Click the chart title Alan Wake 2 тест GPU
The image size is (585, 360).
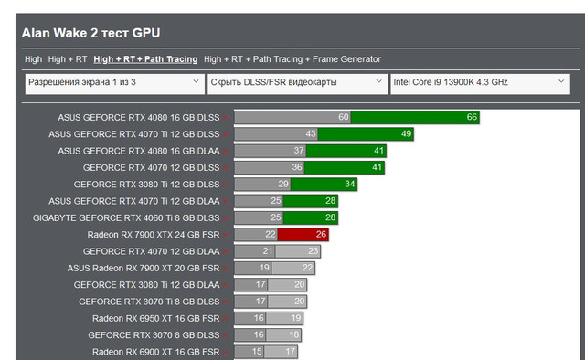(x=91, y=33)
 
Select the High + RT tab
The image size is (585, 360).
(x=68, y=59)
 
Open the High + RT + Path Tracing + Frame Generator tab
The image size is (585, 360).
(x=292, y=59)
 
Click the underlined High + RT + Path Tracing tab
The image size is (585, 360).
(x=145, y=59)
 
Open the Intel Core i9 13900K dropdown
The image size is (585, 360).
(x=480, y=84)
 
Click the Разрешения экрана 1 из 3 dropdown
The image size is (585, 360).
(x=115, y=84)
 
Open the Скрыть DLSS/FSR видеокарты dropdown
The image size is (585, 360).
(x=297, y=84)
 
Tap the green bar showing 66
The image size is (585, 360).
(x=415, y=117)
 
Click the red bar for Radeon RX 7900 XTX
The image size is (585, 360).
(x=303, y=234)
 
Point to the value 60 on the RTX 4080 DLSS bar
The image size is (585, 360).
(x=344, y=117)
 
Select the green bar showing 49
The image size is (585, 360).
(x=366, y=134)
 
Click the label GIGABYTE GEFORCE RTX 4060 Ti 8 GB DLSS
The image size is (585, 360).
(x=126, y=217)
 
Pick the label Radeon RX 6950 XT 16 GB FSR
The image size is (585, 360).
(x=156, y=318)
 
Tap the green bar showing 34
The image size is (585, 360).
(x=324, y=185)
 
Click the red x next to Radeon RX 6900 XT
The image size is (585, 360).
(x=225, y=353)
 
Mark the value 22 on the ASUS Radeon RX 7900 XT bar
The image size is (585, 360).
(x=307, y=268)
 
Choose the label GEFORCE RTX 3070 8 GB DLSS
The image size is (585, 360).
(x=154, y=335)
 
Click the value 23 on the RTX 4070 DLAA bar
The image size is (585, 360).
(x=313, y=251)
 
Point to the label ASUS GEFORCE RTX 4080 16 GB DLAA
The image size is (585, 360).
(x=139, y=151)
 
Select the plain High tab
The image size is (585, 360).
(x=34, y=59)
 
